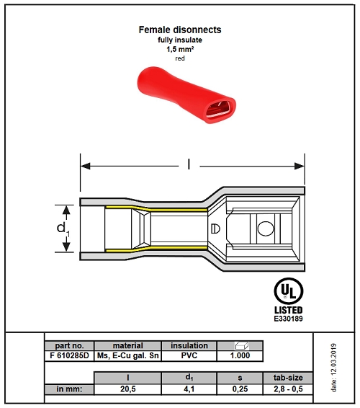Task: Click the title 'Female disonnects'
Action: click(x=180, y=30)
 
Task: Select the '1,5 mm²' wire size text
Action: click(x=180, y=49)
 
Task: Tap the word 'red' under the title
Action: click(x=180, y=58)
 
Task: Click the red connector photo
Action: click(x=186, y=95)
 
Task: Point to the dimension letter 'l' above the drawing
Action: click(x=189, y=164)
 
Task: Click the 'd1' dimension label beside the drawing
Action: click(x=63, y=229)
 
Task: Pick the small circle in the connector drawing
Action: click(x=266, y=229)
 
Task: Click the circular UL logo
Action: click(x=289, y=291)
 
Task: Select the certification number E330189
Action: click(x=289, y=319)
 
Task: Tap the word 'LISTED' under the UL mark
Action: click(x=289, y=310)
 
